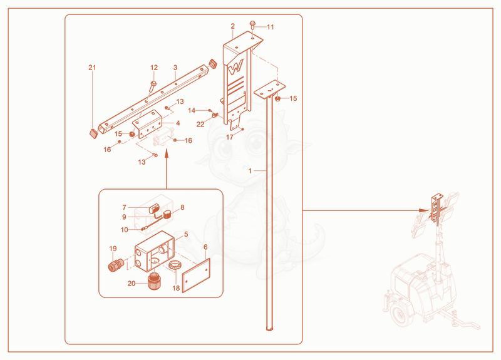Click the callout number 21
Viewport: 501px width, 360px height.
(x=92, y=68)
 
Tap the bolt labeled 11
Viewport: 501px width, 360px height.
(x=252, y=24)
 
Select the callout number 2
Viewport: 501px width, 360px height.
(x=232, y=26)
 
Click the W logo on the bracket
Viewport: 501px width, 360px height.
(x=236, y=67)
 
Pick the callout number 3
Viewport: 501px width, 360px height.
(x=175, y=68)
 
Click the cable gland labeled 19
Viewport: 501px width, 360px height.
(x=116, y=264)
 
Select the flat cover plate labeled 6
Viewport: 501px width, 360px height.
(x=196, y=275)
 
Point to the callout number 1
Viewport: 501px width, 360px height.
(x=250, y=171)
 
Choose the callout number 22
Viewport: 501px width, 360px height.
(x=200, y=124)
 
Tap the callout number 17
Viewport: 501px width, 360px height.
(x=230, y=137)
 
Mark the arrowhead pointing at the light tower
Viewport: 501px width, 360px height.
(x=423, y=210)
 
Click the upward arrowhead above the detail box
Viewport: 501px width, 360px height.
(x=166, y=154)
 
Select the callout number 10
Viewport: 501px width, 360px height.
(x=124, y=230)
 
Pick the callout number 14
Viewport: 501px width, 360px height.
(x=192, y=111)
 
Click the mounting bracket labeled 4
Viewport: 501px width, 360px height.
(x=148, y=123)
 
